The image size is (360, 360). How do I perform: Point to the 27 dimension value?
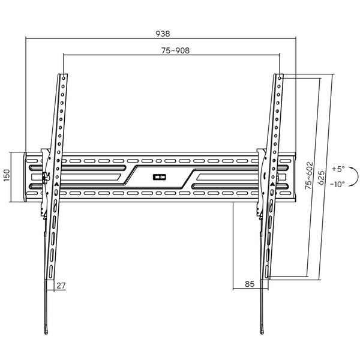(61, 285)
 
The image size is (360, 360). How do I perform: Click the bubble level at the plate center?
(159, 176)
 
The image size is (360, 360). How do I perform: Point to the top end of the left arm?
(62, 76)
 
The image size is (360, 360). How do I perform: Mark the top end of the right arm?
(280, 76)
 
